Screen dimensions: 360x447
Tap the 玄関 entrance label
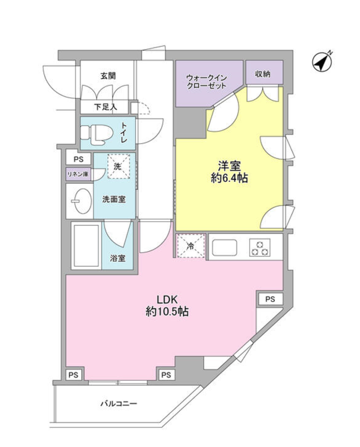pos(108,76)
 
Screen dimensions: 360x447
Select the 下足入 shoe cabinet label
pos(106,107)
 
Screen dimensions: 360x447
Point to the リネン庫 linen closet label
pos(78,174)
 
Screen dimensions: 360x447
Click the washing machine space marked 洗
pos(119,166)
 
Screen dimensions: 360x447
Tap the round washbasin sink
pos(81,201)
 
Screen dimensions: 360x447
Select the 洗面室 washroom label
pos(114,199)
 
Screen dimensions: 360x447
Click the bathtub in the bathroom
pos(86,246)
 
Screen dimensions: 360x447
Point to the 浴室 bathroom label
pos(118,258)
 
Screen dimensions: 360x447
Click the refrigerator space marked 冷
pos(191,246)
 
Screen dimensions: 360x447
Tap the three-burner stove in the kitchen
pos(260,248)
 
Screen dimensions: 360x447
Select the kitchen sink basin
pos(224,248)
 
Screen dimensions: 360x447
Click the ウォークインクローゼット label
pos(206,82)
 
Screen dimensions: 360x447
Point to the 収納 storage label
pos(263,74)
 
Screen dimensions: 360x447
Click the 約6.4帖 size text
pos(229,179)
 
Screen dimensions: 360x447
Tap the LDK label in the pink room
pos(167,299)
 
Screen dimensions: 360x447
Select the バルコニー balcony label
pos(119,403)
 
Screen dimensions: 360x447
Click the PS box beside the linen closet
pos(78,159)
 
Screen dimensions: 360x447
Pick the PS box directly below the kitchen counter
pos(270,299)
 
